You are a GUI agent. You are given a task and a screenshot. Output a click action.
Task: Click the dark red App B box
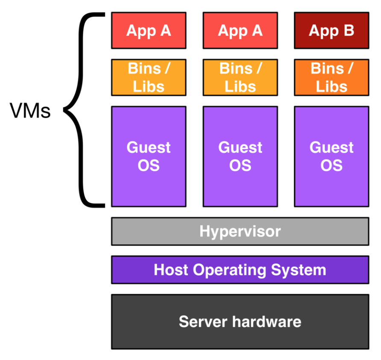pyautogui.click(x=331, y=30)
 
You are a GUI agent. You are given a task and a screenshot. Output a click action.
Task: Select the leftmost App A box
pyautogui.click(x=149, y=30)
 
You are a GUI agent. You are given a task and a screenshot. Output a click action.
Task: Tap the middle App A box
pyautogui.click(x=240, y=30)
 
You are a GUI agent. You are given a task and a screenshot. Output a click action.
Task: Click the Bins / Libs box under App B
pyautogui.click(x=331, y=77)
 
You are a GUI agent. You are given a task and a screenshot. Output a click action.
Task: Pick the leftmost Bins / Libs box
pyautogui.click(x=149, y=77)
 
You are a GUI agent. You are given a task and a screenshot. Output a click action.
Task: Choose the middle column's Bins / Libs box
pyautogui.click(x=240, y=77)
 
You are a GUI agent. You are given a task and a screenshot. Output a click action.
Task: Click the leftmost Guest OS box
pyautogui.click(x=149, y=156)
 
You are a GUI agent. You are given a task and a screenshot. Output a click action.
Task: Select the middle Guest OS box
pyautogui.click(x=240, y=156)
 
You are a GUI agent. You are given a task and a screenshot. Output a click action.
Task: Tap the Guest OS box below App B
pyautogui.click(x=331, y=156)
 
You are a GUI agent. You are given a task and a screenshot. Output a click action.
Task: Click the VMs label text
pyautogui.click(x=30, y=111)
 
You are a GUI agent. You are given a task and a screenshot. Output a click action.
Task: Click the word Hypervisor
pyautogui.click(x=240, y=231)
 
